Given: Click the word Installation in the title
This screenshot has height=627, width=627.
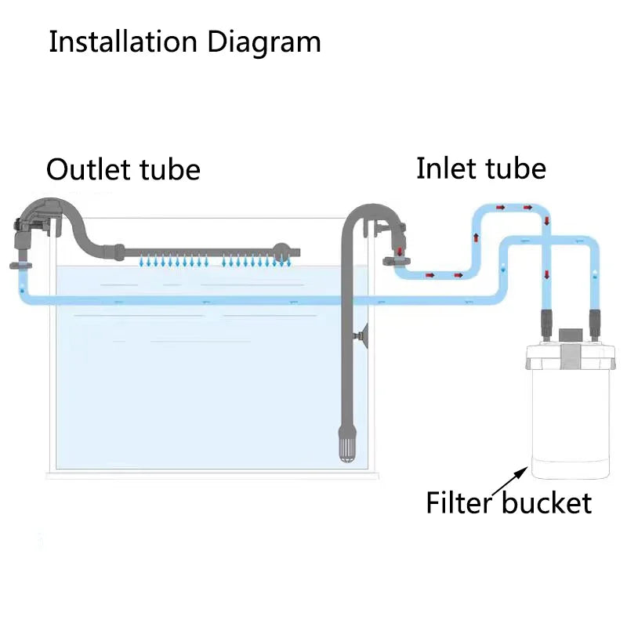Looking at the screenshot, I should point(122,42).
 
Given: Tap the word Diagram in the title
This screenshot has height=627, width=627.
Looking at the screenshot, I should point(264,42).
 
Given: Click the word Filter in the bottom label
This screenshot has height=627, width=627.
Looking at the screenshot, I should point(460,502).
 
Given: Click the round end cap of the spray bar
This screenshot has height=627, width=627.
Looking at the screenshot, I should point(281,252).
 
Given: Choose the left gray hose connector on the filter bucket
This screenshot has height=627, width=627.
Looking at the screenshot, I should point(546,321).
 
